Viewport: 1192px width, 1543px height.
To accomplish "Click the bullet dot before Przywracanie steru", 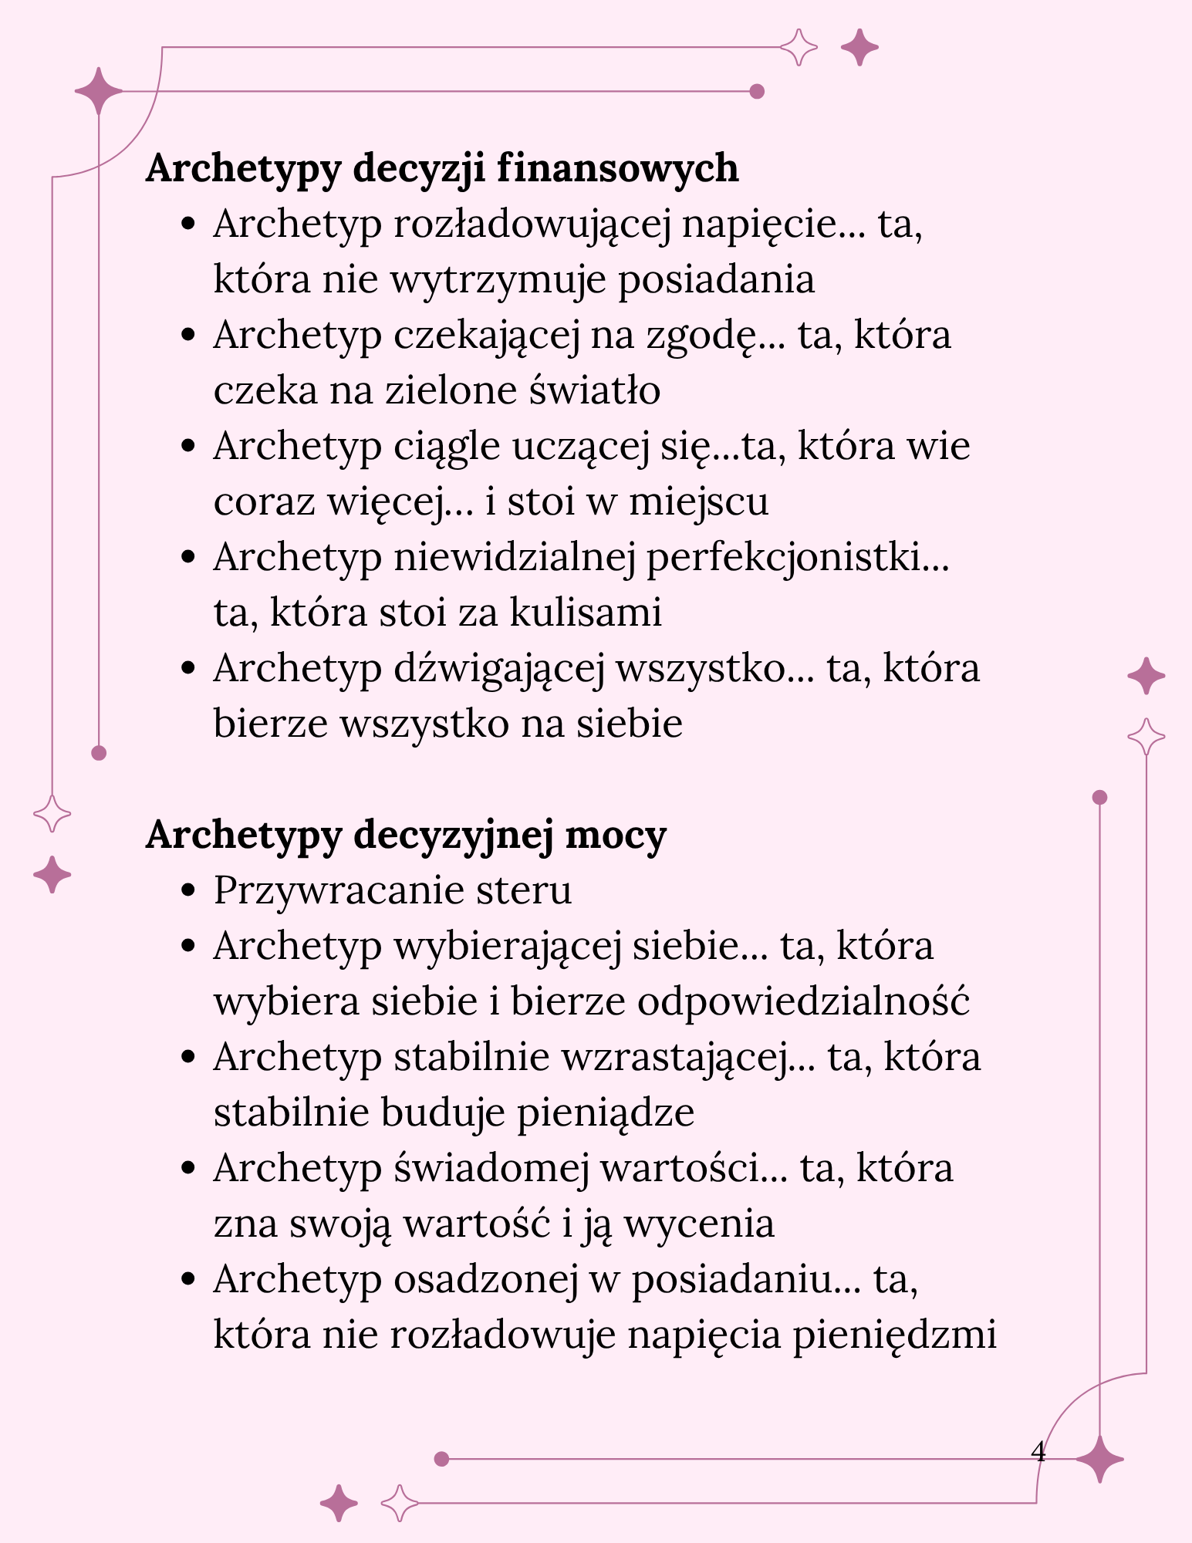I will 187,892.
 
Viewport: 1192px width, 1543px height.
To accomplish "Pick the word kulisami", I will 586,613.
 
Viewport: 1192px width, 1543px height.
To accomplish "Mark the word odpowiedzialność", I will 802,1002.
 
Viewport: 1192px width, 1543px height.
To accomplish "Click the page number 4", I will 1038,1452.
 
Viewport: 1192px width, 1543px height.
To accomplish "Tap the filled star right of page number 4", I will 1099,1459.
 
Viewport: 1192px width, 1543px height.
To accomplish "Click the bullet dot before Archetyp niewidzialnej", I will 187,558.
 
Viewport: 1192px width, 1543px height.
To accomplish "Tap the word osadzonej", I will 485,1280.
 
